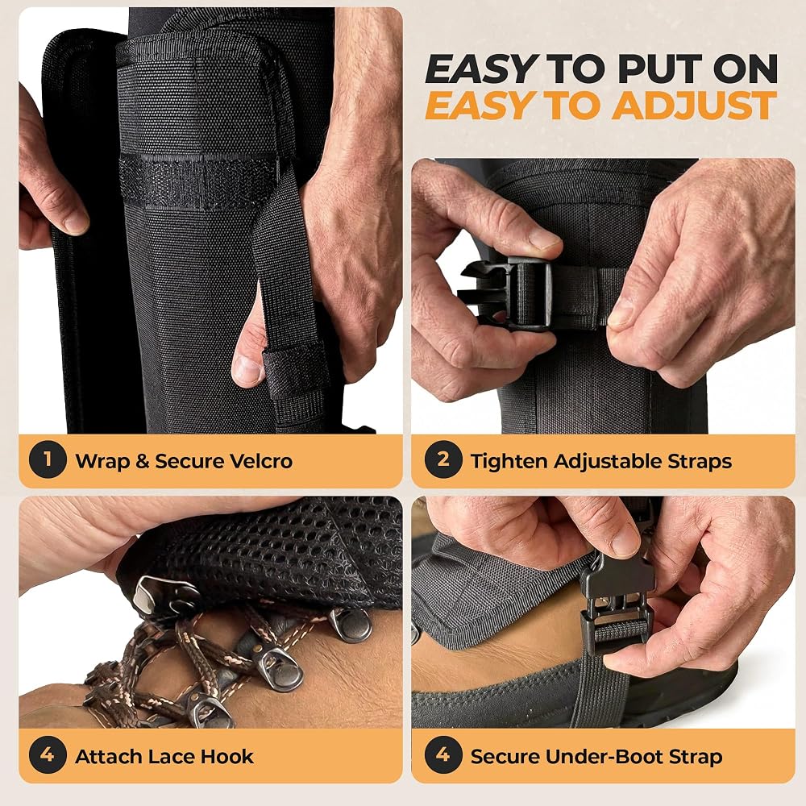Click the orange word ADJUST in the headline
[695, 106]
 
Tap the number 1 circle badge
[48, 459]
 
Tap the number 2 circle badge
[443, 459]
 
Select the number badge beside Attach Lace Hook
[48, 755]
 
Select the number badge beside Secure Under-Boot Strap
[443, 755]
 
